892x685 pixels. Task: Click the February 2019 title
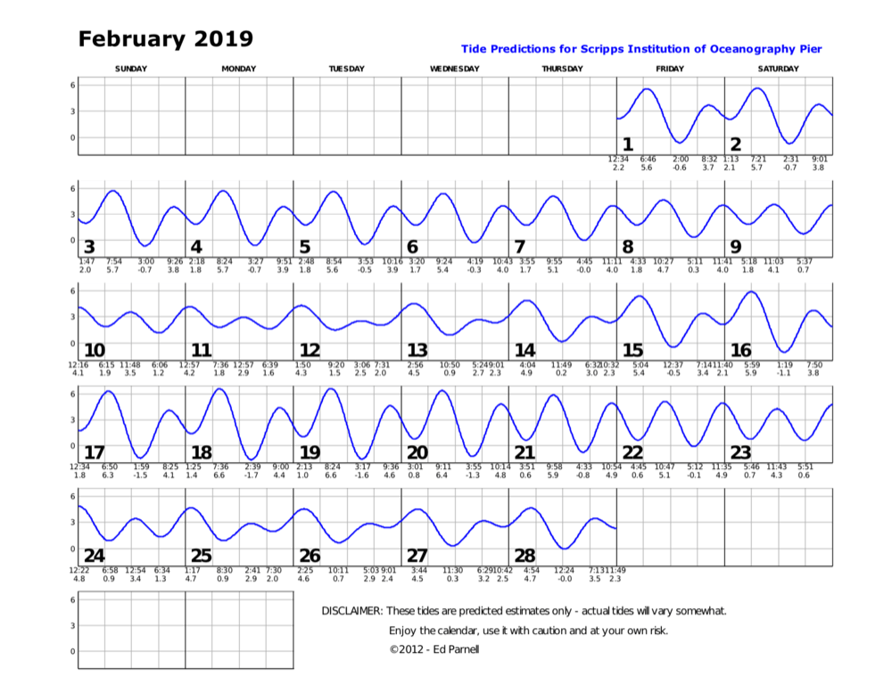(x=165, y=39)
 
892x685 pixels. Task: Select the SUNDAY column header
(x=131, y=69)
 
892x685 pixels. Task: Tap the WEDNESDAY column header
(x=455, y=69)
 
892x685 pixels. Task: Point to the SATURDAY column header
(x=778, y=69)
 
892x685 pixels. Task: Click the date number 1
(x=627, y=144)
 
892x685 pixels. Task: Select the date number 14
(x=524, y=350)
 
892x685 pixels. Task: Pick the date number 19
(x=310, y=452)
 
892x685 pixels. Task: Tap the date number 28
(x=524, y=556)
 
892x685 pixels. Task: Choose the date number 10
(x=94, y=350)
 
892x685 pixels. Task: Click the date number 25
(x=202, y=556)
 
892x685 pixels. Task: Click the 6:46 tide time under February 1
(x=648, y=159)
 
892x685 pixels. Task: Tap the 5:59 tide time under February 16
(x=751, y=364)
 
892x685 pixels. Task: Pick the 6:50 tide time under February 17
(x=110, y=466)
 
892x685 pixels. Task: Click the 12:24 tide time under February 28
(x=565, y=570)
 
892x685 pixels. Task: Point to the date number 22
(x=632, y=452)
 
